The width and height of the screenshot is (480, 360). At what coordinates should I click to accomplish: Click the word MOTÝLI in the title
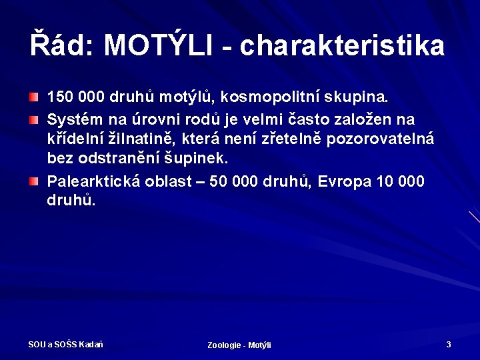coord(158,45)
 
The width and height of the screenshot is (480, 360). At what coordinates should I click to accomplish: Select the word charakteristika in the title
coord(342,45)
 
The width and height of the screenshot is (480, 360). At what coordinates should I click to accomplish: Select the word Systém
coord(71,119)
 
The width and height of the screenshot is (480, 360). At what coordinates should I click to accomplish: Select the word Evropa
coord(344,181)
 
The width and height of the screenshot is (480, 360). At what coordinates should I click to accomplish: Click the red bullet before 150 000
coord(33,98)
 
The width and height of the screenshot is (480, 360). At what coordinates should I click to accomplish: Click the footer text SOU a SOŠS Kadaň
coord(65,344)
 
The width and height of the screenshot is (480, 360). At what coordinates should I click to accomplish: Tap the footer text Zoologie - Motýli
coord(239,345)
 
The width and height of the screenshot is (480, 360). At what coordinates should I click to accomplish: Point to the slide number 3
coord(449,344)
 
